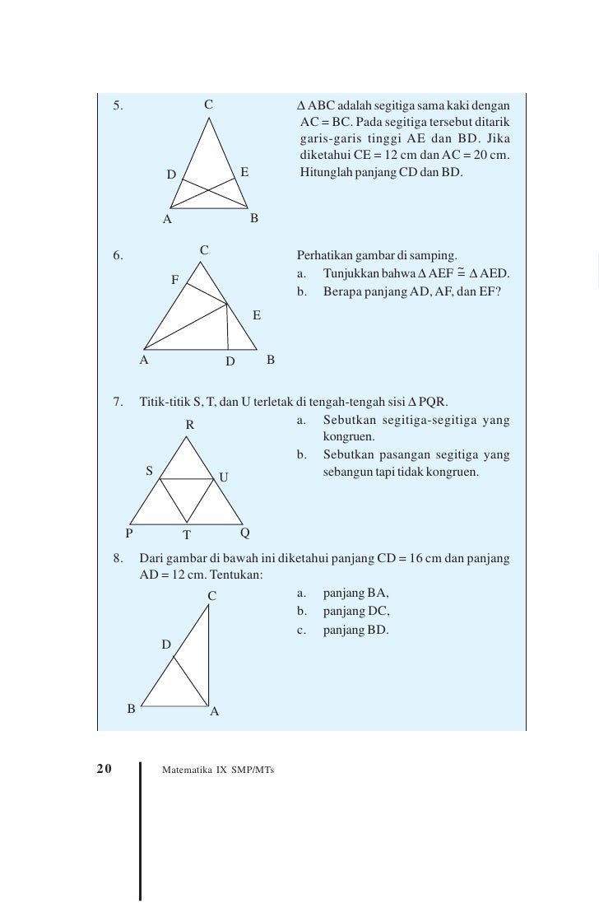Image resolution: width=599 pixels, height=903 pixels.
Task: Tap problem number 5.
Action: pos(118,105)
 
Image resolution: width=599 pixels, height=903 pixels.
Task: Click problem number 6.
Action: pos(118,254)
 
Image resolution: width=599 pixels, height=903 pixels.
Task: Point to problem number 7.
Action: pos(118,402)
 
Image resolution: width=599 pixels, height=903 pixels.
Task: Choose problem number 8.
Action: pos(118,560)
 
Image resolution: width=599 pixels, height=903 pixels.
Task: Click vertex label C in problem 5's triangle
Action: pos(209,105)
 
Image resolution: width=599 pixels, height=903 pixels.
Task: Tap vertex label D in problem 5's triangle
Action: pos(171,175)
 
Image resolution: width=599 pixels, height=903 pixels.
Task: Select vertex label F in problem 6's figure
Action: pos(175,280)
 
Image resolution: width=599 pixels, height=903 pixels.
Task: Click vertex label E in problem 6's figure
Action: pos(257,314)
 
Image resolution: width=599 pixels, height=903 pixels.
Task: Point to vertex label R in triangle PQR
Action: pos(189,425)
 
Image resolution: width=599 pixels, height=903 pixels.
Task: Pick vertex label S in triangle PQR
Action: pos(149,471)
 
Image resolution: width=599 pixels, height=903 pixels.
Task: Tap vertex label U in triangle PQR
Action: pos(224,477)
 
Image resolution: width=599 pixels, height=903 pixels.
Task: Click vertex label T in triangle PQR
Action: pos(187,534)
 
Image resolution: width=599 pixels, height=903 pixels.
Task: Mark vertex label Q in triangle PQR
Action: pos(245,532)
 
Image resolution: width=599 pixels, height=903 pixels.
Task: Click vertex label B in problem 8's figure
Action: pos(131,708)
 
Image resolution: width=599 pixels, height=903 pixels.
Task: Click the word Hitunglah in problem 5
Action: pos(324,174)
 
